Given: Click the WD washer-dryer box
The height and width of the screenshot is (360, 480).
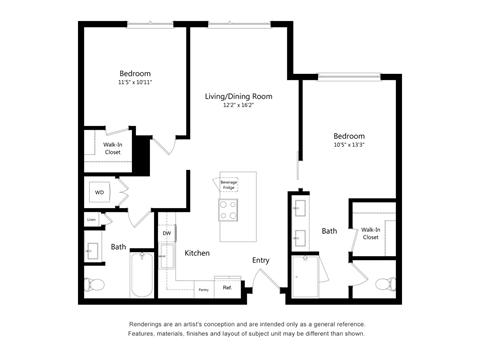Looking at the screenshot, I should pyautogui.click(x=100, y=191).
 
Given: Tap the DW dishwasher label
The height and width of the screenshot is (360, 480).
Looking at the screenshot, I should pyautogui.click(x=167, y=233).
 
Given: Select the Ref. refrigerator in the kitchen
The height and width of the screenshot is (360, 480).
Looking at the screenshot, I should pyautogui.click(x=227, y=288).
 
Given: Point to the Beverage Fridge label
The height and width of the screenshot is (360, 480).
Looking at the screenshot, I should pyautogui.click(x=229, y=184).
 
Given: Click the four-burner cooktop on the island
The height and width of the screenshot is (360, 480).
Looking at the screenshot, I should pyautogui.click(x=229, y=210).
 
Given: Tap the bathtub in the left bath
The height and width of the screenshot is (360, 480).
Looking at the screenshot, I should pyautogui.click(x=141, y=274).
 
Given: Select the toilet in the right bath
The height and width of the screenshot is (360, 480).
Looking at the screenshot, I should pyautogui.click(x=383, y=284).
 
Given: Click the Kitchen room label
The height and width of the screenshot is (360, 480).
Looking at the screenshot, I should pyautogui.click(x=197, y=253).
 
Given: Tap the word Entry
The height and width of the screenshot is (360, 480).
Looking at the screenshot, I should pyautogui.click(x=261, y=260).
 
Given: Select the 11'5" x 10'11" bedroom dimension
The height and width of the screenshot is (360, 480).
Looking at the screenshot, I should pyautogui.click(x=135, y=83).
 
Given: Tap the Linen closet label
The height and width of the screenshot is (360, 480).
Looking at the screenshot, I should pyautogui.click(x=91, y=219).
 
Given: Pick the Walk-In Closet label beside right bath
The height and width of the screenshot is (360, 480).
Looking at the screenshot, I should pyautogui.click(x=371, y=233).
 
